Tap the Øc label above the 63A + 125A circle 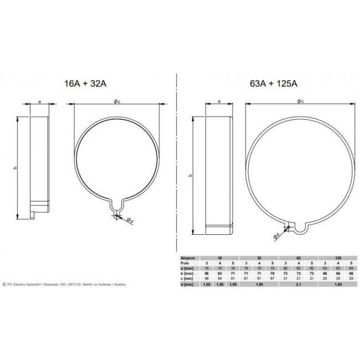pos(299,101)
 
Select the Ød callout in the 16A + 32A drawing pos(128,220)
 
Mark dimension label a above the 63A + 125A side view pos(219,101)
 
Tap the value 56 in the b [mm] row pos(207,274)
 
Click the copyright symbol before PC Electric pos(4,284)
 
